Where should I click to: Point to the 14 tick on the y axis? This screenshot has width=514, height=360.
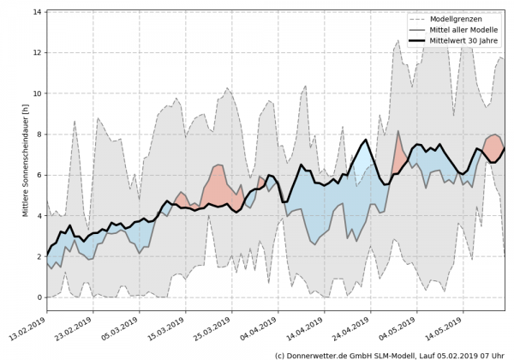click(x=38, y=12)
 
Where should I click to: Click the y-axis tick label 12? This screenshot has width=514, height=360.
click(x=38, y=53)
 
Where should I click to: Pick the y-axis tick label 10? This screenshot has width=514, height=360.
click(x=38, y=93)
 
